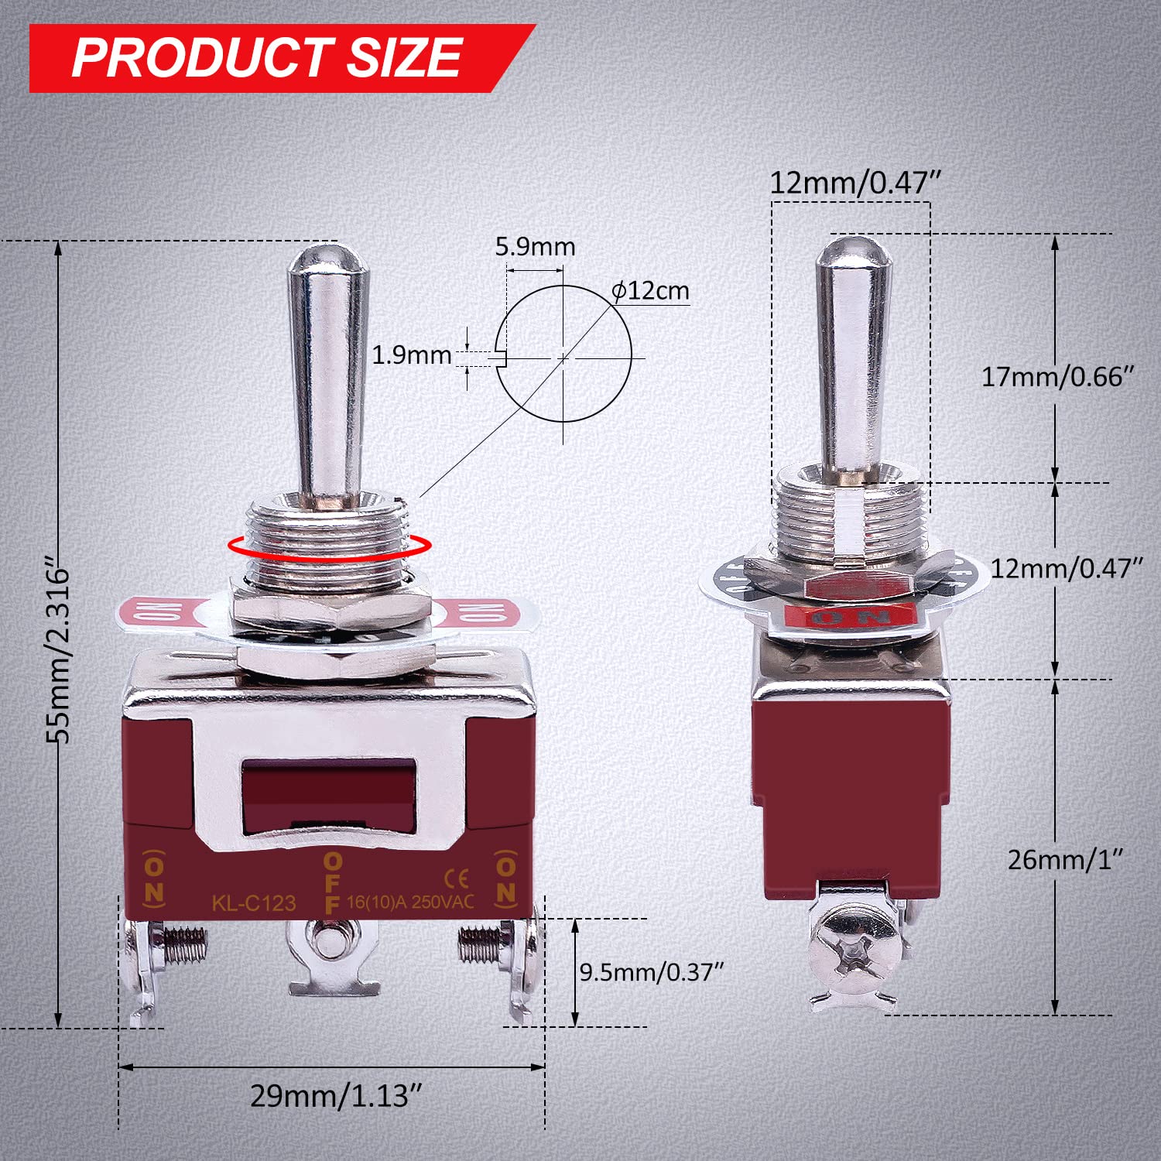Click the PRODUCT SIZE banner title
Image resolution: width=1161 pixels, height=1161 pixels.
pos(267,58)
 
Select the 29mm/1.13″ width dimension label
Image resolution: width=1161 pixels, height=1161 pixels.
pos(336,1095)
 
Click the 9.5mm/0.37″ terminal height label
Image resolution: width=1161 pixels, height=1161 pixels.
pos(651,971)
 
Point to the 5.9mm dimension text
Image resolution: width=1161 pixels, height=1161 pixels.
pos(535,247)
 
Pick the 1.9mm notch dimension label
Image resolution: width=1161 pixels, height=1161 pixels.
pos(411,355)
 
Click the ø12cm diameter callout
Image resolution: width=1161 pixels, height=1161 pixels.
pos(650,291)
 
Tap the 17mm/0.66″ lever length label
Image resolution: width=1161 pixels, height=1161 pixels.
pos(1057,377)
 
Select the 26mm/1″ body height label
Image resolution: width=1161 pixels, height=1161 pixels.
pos(1065,859)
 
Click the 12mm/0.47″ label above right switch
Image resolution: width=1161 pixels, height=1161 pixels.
pos(854,183)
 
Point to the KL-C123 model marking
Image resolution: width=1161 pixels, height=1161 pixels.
pos(254,902)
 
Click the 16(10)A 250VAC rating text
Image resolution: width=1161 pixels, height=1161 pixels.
pos(410,902)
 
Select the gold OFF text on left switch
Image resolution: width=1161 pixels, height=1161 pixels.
pos(332,882)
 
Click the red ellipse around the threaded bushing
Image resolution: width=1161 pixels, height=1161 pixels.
pos(327,546)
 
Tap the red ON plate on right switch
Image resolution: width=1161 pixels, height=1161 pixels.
pos(850,617)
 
